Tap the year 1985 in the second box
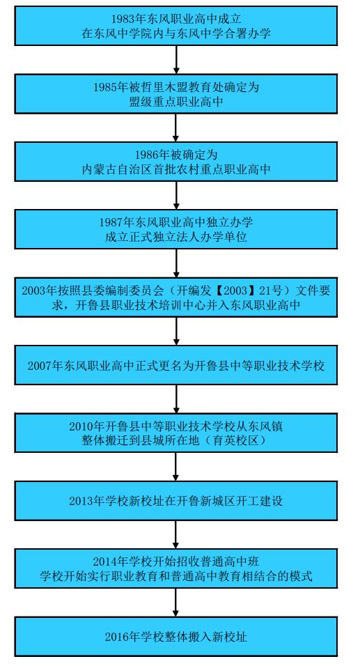click(104, 87)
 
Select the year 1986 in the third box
click(146, 155)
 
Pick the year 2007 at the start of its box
click(38, 366)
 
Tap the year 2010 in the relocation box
click(80, 426)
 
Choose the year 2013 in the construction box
click(80, 501)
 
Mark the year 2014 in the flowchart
click(104, 562)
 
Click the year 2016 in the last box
click(116, 637)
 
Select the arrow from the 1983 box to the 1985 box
click(176, 59)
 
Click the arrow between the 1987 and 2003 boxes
click(176, 263)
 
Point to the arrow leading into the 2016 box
click(176, 603)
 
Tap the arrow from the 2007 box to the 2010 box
click(176, 399)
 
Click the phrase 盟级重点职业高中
click(176, 102)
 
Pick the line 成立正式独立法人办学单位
click(176, 237)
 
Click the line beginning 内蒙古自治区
click(176, 169)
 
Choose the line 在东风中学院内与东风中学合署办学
click(176, 34)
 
